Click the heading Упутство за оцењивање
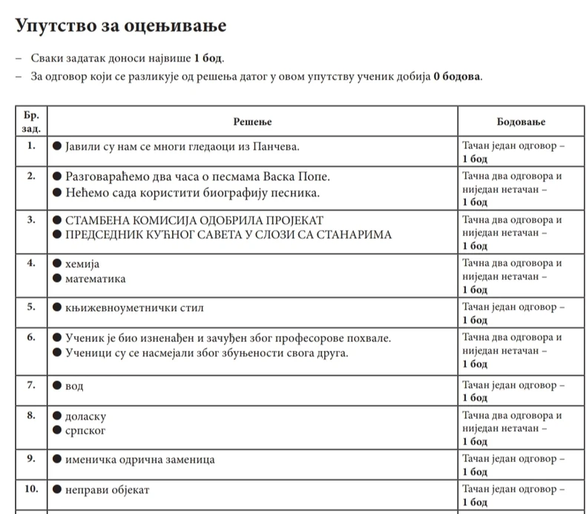121,26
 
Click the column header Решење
253,121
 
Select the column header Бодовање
521,121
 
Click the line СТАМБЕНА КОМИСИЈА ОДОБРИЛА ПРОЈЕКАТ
195,220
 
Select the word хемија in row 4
82,264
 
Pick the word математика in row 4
96,279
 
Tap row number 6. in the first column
31,336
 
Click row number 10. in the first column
31,489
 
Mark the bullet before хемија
57,265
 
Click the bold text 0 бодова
457,76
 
